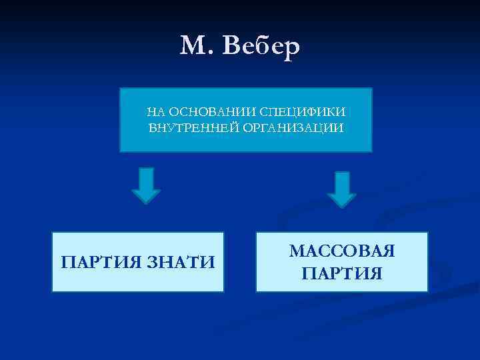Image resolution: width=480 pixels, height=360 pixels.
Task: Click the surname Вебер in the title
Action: point(258,45)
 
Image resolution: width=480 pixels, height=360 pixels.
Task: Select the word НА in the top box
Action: point(154,111)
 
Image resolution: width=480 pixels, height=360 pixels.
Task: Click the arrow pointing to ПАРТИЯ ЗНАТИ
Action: point(146,185)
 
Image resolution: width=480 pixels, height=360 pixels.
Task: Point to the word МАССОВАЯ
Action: point(342,251)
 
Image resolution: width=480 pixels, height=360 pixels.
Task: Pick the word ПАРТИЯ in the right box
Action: point(342,273)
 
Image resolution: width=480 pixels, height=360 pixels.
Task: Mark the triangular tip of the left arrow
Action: point(146,196)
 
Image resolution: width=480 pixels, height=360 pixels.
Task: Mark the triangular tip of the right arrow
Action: point(342,199)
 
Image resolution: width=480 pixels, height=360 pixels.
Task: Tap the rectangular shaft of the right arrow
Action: point(342,181)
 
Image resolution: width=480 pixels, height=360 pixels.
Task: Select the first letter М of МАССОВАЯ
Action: point(296,251)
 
